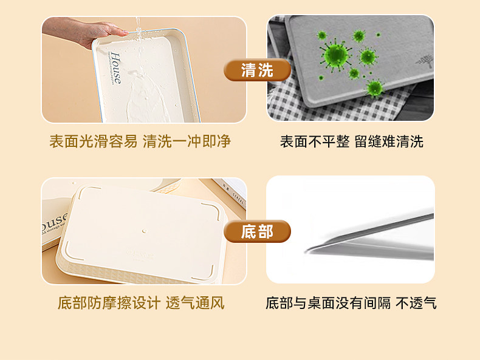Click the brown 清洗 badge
point(257,70)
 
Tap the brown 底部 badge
point(257,231)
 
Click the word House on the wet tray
point(115,67)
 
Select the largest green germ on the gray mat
point(335,55)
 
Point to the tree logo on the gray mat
point(425,61)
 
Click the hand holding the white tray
point(83,32)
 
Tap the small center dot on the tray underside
point(145,231)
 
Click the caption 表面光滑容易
point(93,141)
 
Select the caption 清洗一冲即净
point(187,141)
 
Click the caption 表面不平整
point(314,141)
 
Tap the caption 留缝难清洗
point(389,141)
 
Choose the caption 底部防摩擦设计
point(109,303)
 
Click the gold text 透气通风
point(195,303)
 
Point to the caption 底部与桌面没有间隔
point(328,303)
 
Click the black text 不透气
point(416,303)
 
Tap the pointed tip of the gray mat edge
point(306,251)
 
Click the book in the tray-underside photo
point(230,191)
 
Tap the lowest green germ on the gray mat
point(374,88)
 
